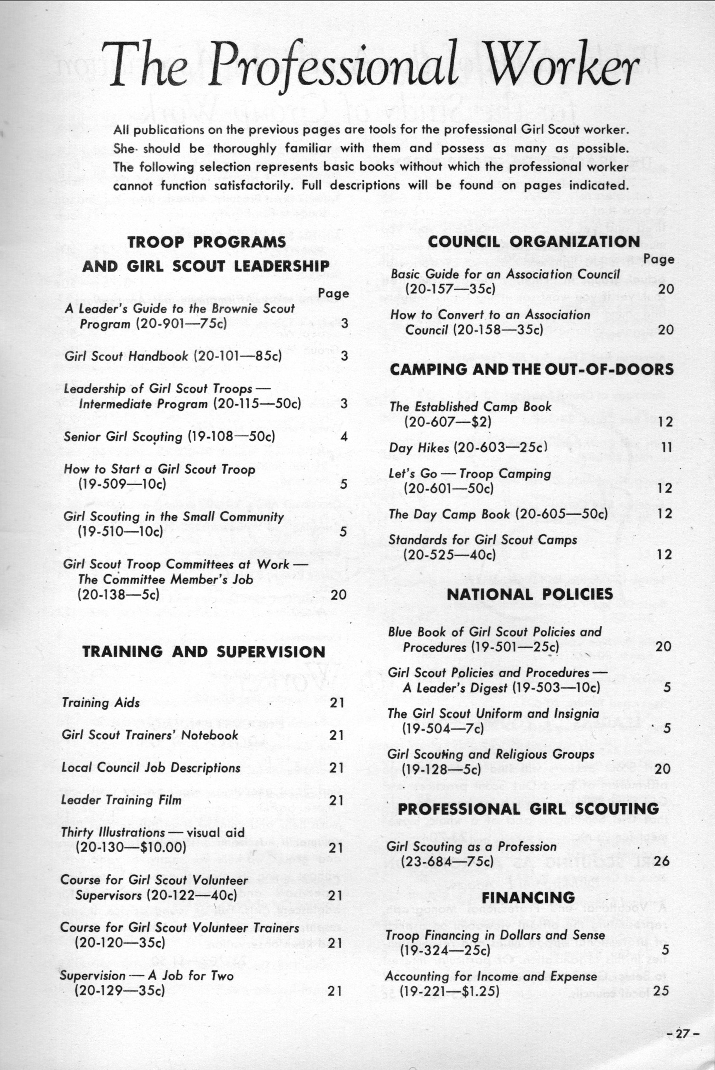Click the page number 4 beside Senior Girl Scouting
(x=344, y=436)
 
